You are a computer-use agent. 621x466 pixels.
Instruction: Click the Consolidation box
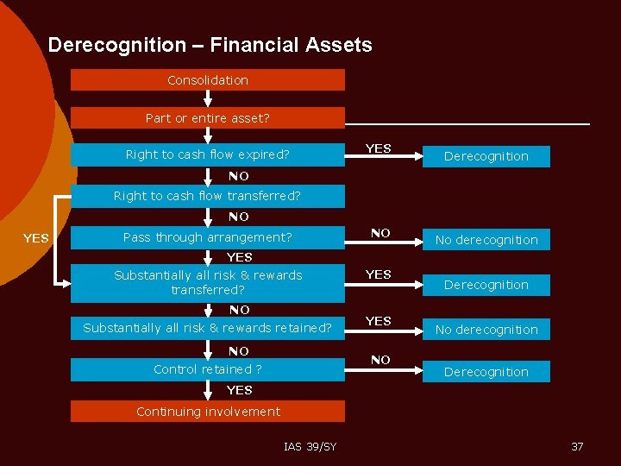(x=207, y=80)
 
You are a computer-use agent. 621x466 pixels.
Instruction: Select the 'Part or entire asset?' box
(x=207, y=118)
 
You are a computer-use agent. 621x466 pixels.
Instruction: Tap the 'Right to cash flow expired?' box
(x=207, y=155)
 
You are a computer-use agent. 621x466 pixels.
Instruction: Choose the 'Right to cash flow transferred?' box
(x=207, y=196)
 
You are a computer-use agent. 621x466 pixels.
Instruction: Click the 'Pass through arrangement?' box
(x=207, y=237)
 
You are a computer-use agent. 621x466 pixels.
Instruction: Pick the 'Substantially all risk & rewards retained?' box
(x=207, y=328)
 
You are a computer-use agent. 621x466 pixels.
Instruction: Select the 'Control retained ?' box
(x=207, y=369)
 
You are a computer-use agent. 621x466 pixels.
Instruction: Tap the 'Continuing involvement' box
(x=207, y=412)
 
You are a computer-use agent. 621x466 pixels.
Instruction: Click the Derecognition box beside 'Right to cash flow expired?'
(x=486, y=156)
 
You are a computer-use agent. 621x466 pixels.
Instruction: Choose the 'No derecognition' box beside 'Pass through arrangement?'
(x=486, y=240)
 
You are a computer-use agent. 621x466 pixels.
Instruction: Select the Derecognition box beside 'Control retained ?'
(x=486, y=372)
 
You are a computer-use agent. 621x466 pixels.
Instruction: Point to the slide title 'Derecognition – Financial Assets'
(x=210, y=45)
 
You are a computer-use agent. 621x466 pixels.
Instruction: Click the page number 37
(x=577, y=446)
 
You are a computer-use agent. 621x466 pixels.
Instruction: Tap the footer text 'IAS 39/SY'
(x=310, y=446)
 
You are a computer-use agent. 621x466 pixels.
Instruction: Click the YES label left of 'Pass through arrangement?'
(x=35, y=238)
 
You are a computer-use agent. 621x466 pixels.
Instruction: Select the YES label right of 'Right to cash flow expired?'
(x=378, y=148)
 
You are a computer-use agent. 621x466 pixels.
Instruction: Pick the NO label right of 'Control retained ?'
(x=380, y=360)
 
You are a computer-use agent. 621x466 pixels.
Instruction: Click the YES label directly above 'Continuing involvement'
(x=239, y=390)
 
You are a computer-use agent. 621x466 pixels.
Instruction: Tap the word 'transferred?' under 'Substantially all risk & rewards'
(x=208, y=290)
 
